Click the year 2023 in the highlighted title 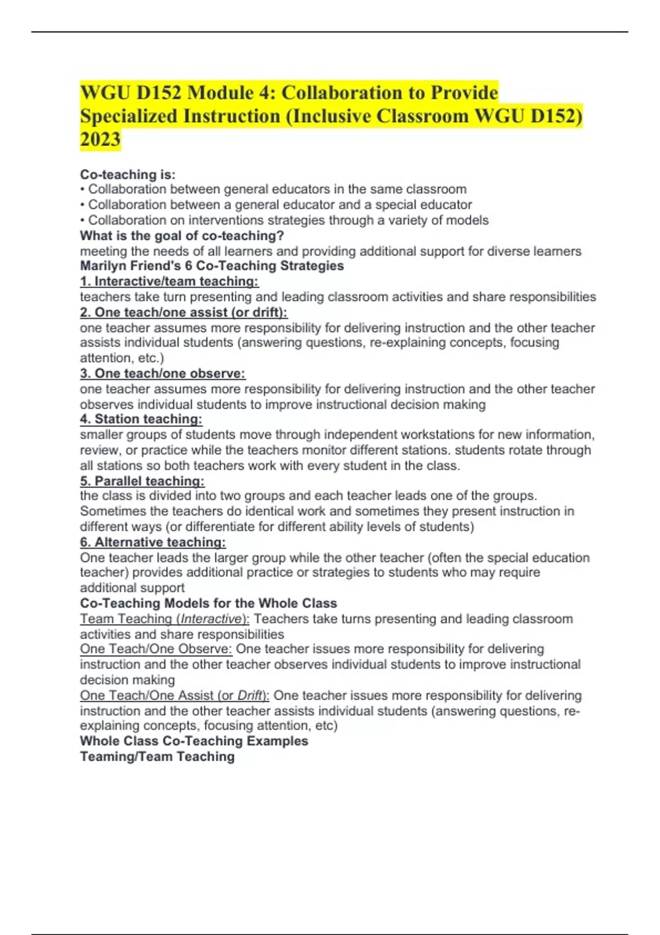[x=100, y=140]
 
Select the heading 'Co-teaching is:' [x=128, y=174]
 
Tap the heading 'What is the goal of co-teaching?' [x=182, y=235]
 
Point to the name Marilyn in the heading [x=102, y=266]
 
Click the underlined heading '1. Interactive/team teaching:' [x=169, y=282]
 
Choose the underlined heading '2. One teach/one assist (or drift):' [x=184, y=312]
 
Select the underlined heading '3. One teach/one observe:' [x=163, y=373]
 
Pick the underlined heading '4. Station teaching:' [x=141, y=419]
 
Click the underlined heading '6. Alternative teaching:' [x=153, y=542]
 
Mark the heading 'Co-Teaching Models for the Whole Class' [x=208, y=603]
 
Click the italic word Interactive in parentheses [x=211, y=619]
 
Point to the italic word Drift [x=249, y=695]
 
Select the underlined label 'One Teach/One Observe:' [x=156, y=649]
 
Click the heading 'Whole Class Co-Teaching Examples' [x=194, y=741]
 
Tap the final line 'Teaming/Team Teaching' [x=157, y=757]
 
